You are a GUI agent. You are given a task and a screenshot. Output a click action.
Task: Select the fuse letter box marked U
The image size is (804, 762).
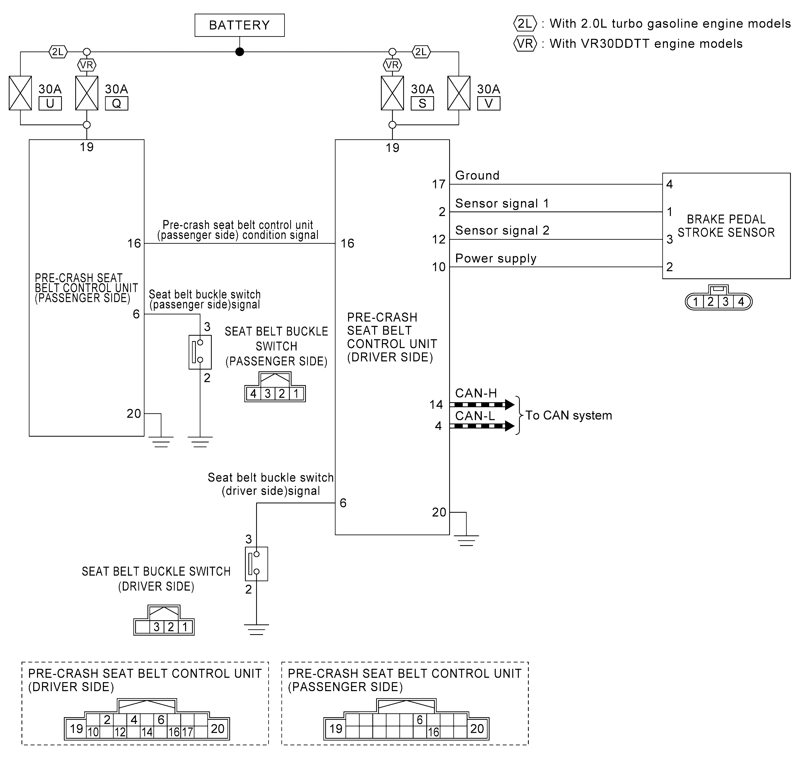tap(50, 104)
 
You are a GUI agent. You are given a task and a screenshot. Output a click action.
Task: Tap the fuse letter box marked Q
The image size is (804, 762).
tap(117, 104)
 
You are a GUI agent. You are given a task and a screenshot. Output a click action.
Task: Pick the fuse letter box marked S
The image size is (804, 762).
tap(422, 104)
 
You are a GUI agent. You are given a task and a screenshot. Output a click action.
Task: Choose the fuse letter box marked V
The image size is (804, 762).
tap(489, 104)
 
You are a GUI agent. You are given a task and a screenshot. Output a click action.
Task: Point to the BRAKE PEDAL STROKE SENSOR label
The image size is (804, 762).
tap(726, 226)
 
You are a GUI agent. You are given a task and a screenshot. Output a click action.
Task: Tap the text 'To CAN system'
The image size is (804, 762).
tap(569, 416)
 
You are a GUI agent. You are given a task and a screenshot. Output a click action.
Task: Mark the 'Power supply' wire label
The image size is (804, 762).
tap(496, 258)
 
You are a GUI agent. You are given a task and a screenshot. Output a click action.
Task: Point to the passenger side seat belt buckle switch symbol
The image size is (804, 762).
tap(200, 352)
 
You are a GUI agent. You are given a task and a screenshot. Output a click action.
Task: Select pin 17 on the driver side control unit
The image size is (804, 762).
tap(439, 184)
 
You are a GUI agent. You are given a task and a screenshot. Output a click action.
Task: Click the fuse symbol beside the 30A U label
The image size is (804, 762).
tap(20, 93)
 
